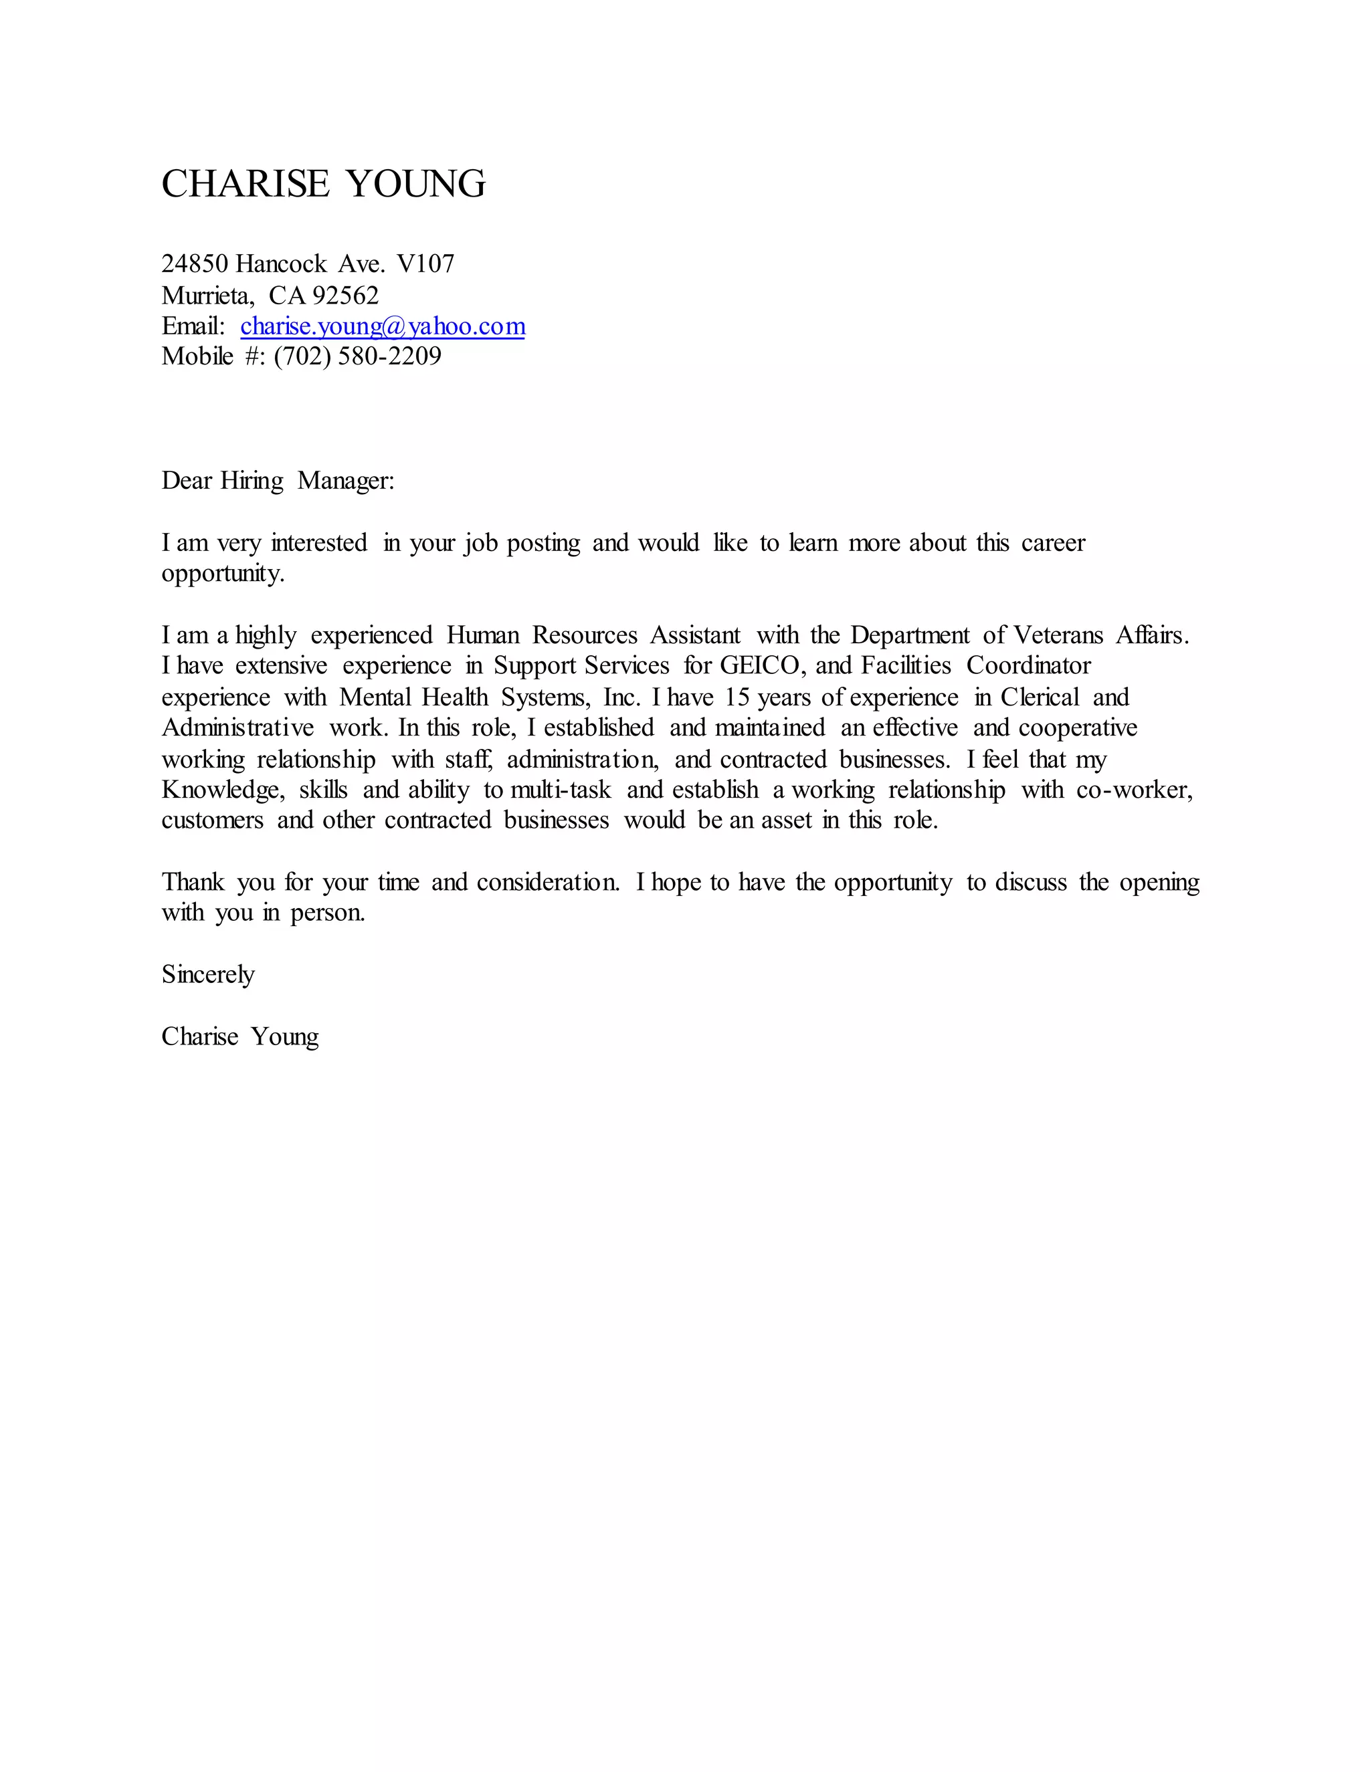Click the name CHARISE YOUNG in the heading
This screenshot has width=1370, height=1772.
coord(323,184)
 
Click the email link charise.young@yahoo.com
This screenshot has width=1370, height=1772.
coord(382,326)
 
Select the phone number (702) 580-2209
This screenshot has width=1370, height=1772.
coord(357,356)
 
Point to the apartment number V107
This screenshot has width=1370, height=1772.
coord(425,263)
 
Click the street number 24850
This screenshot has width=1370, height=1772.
coord(195,263)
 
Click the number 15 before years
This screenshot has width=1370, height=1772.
coord(738,697)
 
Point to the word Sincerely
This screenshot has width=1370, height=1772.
coord(208,974)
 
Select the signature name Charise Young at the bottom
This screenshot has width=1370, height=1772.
coord(239,1037)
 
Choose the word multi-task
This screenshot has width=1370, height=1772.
coord(560,790)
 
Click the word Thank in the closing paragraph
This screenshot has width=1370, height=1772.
coord(193,882)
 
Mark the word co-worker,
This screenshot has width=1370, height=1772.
coord(1134,790)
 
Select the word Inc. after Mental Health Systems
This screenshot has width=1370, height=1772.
coord(621,697)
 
